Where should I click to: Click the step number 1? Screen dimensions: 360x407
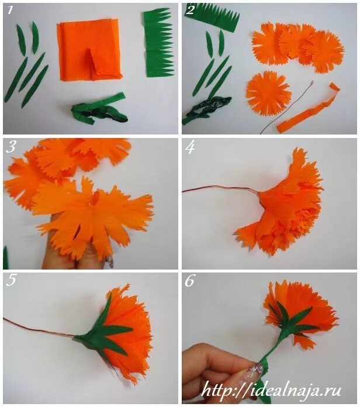10,10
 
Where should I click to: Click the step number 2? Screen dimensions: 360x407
190,10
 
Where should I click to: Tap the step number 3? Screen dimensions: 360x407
11,147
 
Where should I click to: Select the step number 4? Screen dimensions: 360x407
190,148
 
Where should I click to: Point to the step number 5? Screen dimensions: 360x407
11,280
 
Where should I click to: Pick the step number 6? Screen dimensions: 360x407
189,281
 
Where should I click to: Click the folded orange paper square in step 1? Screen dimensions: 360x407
89,50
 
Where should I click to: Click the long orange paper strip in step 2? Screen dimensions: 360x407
309,109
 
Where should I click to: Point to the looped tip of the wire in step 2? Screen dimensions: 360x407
311,82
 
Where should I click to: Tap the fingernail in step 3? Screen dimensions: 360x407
110,261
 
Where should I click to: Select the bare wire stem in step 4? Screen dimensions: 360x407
220,189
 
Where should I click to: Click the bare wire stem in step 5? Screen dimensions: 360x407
39,327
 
